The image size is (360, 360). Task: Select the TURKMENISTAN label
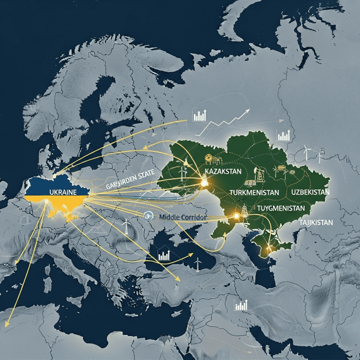[255, 193]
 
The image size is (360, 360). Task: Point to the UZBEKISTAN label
[310, 193]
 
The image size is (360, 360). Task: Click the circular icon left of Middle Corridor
[149, 216]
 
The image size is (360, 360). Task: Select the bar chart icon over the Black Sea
[164, 255]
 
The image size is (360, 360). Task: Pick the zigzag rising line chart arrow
[227, 119]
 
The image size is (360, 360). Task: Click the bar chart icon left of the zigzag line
[199, 116]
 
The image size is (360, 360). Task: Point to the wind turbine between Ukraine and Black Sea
[126, 227]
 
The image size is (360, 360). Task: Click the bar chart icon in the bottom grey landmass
[241, 305]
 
